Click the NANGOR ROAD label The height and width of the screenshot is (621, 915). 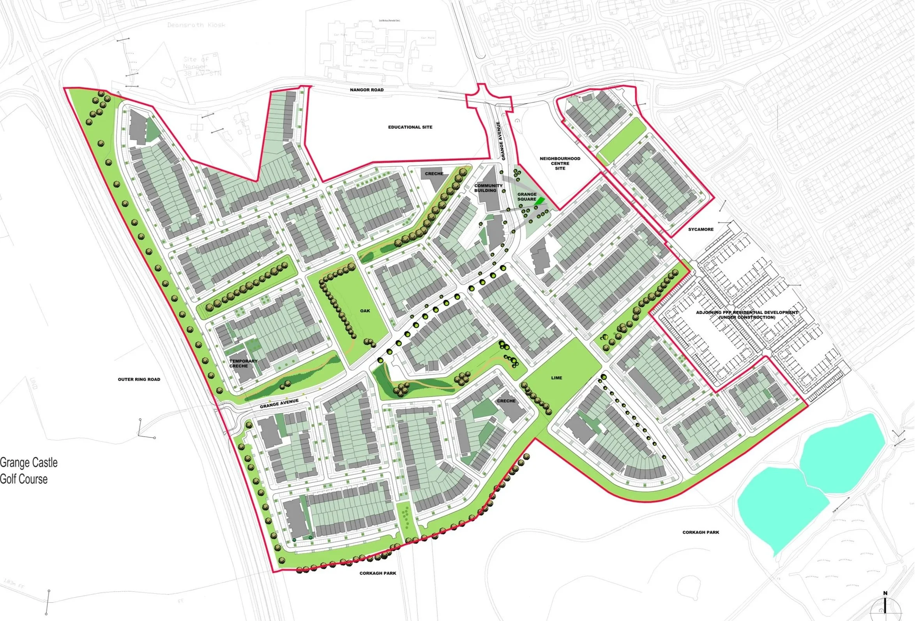point(367,90)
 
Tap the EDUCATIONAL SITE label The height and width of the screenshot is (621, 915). point(410,127)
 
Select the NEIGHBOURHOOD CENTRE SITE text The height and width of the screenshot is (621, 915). point(560,163)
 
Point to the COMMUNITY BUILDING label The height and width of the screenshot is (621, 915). point(488,188)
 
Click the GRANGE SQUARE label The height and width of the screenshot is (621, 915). point(527,196)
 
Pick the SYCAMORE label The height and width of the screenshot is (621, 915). point(700,229)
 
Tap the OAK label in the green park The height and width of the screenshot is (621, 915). point(365,311)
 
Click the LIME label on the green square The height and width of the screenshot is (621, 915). point(556,378)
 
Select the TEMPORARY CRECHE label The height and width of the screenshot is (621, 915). point(243,363)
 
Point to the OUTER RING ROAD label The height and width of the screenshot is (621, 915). point(139,379)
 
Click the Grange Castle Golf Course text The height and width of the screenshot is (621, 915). point(29,471)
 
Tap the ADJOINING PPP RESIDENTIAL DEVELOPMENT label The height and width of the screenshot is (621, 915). point(747,315)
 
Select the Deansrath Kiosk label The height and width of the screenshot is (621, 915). point(196,25)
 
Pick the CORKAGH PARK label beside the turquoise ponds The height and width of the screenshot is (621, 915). point(700,532)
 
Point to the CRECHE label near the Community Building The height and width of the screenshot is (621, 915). point(434,173)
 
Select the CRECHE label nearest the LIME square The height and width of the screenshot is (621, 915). point(506,401)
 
